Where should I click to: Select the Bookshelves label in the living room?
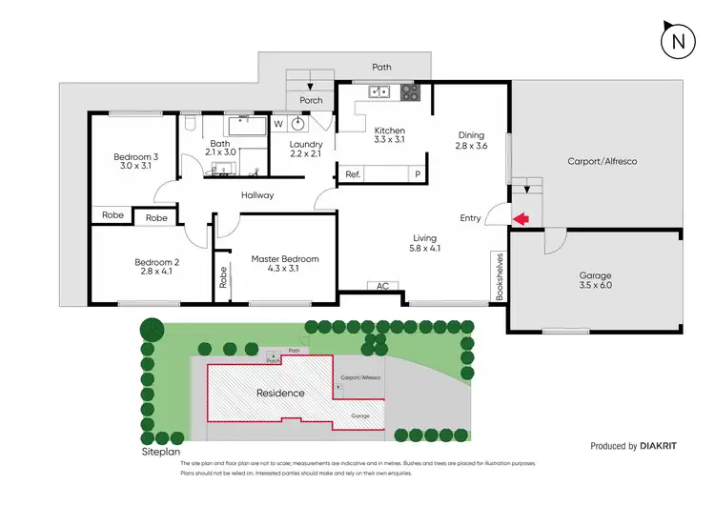click(499, 276)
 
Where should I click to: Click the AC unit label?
click(383, 285)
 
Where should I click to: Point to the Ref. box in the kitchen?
click(353, 174)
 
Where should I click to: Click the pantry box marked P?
click(417, 174)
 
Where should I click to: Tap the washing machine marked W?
click(278, 123)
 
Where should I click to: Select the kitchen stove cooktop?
click(410, 92)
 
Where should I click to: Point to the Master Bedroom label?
click(285, 258)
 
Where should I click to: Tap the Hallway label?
click(256, 195)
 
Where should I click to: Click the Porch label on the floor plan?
click(311, 99)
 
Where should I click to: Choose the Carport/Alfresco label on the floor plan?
click(602, 161)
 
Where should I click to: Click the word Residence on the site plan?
click(280, 393)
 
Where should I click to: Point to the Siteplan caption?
click(161, 452)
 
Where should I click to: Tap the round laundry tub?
click(299, 123)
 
